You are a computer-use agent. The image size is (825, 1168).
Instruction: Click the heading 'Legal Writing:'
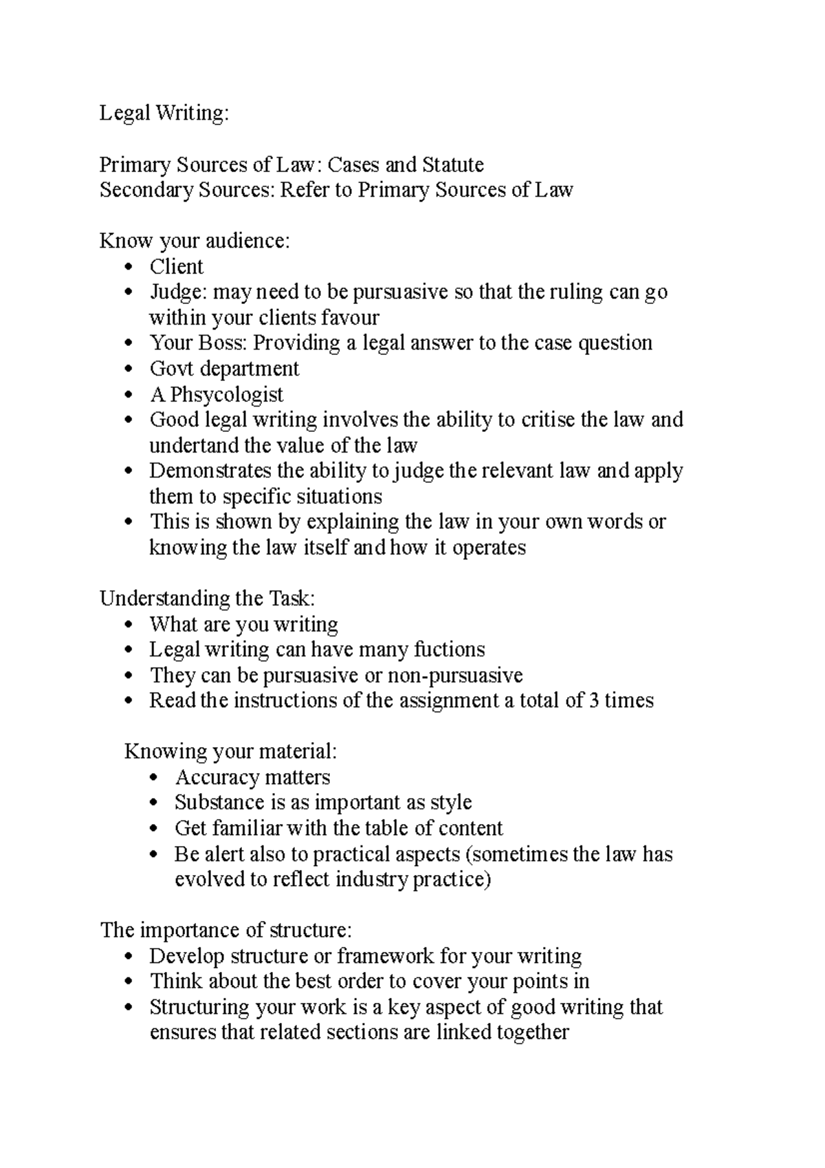(x=164, y=113)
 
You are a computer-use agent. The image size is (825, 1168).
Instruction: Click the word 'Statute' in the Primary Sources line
(x=452, y=165)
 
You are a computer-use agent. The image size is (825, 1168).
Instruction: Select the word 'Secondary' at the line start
(x=145, y=191)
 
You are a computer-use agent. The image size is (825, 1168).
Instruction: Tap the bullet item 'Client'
(x=177, y=267)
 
